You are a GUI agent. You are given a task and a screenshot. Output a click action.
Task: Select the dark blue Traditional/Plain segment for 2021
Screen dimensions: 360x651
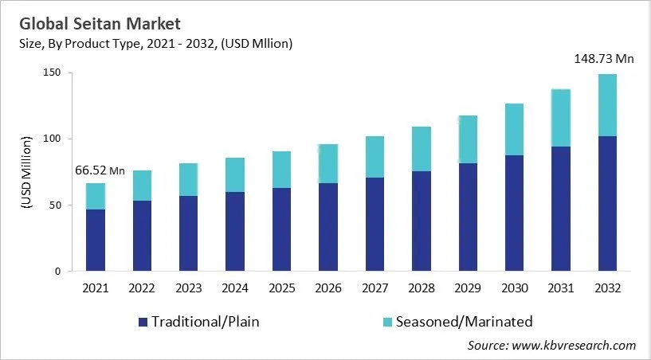(96, 240)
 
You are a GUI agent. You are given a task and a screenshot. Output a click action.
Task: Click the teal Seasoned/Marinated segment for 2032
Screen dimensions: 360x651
(607, 105)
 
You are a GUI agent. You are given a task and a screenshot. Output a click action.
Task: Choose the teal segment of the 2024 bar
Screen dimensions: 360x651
(235, 174)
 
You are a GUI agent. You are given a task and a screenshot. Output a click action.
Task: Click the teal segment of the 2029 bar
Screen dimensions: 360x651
(468, 139)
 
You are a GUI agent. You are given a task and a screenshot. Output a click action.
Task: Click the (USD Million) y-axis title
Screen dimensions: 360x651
(25, 172)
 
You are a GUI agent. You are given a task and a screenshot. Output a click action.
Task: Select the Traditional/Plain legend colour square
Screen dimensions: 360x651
(143, 322)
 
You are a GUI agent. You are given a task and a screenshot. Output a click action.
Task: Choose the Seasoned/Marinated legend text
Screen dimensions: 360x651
(464, 322)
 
